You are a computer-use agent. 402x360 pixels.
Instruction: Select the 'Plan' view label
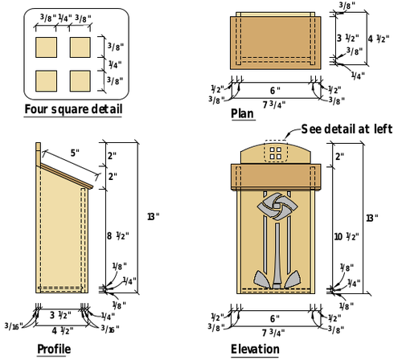[242, 114]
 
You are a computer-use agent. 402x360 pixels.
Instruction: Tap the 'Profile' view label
[54, 349]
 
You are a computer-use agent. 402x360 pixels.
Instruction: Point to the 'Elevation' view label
[255, 349]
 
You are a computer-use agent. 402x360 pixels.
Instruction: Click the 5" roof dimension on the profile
[75, 153]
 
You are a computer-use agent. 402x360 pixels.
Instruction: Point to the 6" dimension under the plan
[275, 90]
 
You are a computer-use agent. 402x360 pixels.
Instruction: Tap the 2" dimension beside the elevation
[340, 157]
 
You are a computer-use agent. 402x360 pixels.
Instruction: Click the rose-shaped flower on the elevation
[275, 207]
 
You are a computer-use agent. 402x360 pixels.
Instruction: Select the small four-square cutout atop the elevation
[275, 151]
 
